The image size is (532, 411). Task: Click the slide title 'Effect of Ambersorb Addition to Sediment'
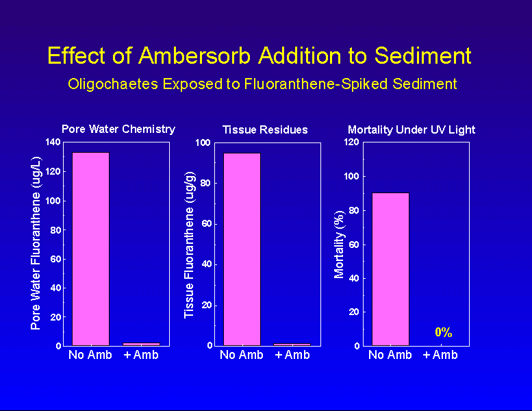coord(259,55)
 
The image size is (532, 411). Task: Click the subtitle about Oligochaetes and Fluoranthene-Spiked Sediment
coord(262,84)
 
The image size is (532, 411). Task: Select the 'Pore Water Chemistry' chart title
coord(118,129)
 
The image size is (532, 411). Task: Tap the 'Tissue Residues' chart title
coord(265,129)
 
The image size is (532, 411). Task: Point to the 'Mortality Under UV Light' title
coord(411,129)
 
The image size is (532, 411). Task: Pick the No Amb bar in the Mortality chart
coord(390,269)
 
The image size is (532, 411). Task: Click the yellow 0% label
coord(443,333)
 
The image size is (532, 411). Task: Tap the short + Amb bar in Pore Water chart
coord(141,344)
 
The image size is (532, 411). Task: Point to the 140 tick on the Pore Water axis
coord(51,142)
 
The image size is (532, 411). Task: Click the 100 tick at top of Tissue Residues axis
coord(203,143)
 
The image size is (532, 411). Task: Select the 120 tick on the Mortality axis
coord(352,142)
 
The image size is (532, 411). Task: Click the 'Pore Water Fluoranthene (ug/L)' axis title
coord(36,243)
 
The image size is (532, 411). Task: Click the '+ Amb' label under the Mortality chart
coord(440,355)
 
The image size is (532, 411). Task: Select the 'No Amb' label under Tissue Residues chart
coord(242,355)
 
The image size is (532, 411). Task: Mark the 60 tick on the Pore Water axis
coord(54,259)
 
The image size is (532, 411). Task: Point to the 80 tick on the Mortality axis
coord(354,210)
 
